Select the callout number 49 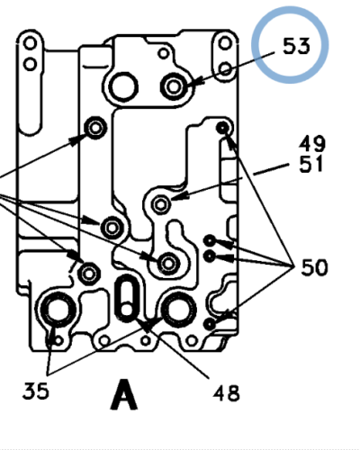click(314, 144)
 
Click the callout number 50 click(314, 267)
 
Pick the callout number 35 click(37, 391)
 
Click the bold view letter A click(125, 396)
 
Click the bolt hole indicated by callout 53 click(174, 86)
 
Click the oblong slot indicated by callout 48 click(128, 299)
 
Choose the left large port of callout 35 click(58, 311)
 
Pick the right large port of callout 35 click(177, 310)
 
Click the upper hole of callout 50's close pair click(210, 240)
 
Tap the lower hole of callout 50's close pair click(210, 256)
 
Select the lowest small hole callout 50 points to click(209, 322)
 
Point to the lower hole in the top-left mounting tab click(32, 63)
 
